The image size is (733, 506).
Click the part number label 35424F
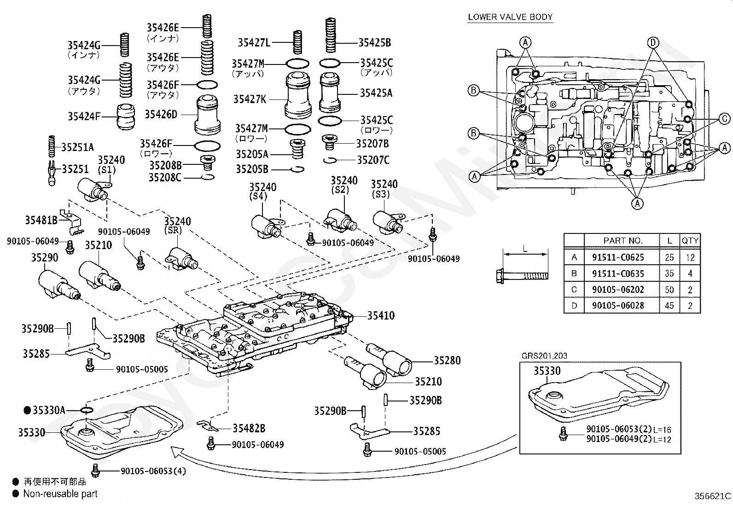click(84, 116)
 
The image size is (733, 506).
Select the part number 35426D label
click(161, 114)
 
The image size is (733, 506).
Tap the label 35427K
click(249, 99)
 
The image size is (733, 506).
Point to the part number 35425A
click(376, 93)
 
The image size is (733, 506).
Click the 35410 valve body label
click(381, 316)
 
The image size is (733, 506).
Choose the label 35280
click(447, 361)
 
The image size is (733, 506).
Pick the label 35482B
click(249, 428)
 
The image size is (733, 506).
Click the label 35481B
click(41, 220)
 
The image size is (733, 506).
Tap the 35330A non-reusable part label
click(48, 410)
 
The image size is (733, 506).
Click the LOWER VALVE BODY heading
click(510, 17)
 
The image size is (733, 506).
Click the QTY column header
click(690, 240)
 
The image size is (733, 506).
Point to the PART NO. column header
click(622, 240)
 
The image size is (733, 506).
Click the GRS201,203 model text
click(544, 355)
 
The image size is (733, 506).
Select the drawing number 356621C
click(712, 496)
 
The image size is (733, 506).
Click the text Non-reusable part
click(60, 494)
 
